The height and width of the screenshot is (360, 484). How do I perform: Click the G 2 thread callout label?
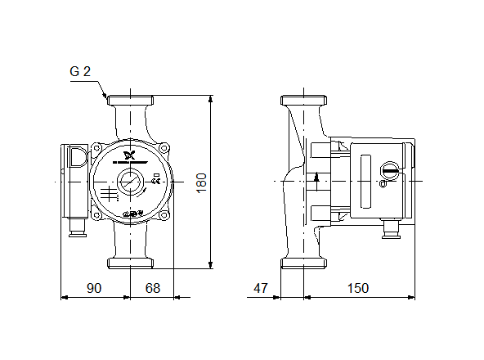[x=79, y=72]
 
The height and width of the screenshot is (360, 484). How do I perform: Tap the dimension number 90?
[x=95, y=288]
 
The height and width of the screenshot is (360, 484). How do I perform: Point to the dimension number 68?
[x=152, y=288]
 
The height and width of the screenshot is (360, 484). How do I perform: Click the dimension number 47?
[x=261, y=288]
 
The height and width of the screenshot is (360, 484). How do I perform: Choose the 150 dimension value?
[x=357, y=288]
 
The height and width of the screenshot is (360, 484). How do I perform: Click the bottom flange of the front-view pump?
[x=130, y=262]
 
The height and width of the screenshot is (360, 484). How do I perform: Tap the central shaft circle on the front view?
[x=130, y=181]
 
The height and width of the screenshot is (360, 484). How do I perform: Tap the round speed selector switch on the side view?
[x=391, y=171]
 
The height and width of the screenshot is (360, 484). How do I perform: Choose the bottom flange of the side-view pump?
[x=303, y=262]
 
